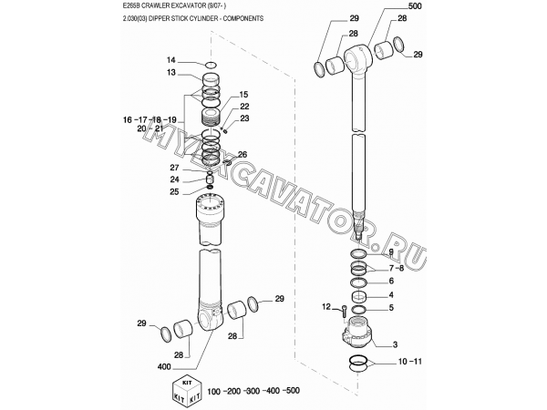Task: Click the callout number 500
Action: coord(415,6)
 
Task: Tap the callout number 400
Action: coord(164,367)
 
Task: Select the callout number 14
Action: coord(171,60)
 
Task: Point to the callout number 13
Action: coord(171,73)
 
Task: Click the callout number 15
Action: coord(243,95)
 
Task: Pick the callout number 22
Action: coord(244,107)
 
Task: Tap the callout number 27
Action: coord(174,168)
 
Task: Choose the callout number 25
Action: coord(174,191)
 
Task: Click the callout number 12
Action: coord(325,307)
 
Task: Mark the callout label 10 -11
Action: coord(410,362)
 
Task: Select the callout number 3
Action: coord(396,344)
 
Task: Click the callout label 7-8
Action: coord(397,269)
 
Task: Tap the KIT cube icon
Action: coord(187,391)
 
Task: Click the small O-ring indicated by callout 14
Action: coord(212,65)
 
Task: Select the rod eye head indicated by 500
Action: coord(358,57)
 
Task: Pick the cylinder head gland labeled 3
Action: coord(356,333)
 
